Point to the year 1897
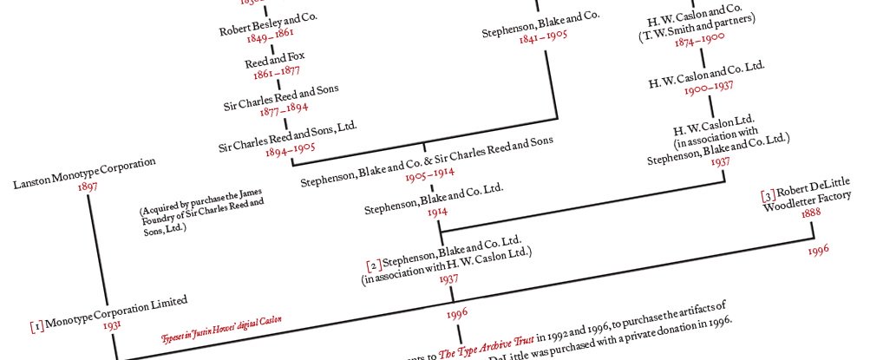(88, 187)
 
